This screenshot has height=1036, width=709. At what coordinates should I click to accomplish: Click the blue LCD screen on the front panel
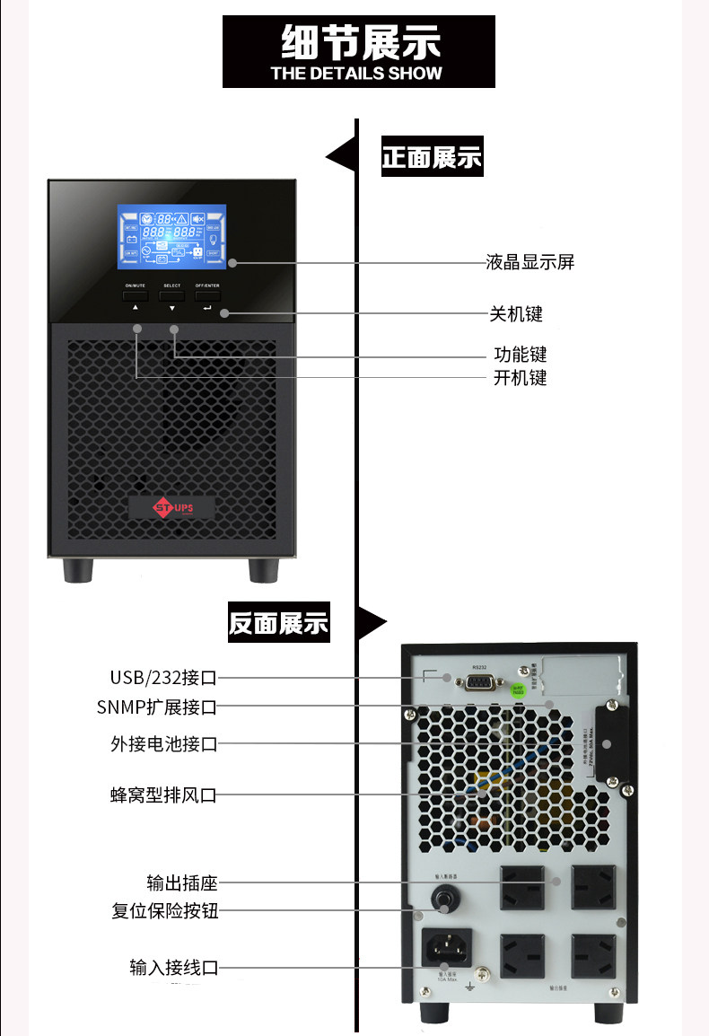coord(171,236)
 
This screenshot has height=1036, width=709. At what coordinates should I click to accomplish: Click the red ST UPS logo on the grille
coord(172,507)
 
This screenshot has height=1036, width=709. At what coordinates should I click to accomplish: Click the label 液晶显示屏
coord(530,262)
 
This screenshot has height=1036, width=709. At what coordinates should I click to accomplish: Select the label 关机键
coord(516,313)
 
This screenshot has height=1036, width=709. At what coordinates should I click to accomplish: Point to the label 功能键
coord(520,355)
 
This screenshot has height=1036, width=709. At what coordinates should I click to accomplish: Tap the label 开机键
coord(520,377)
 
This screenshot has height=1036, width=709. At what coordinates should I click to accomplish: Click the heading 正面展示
coord(432,158)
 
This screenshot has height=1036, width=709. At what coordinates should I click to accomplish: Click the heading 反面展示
coord(278,623)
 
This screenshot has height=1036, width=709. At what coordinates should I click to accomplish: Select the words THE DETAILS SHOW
coord(356,74)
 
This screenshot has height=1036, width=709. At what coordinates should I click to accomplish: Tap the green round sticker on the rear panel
coord(519,689)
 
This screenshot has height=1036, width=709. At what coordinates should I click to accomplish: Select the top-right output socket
coord(593,885)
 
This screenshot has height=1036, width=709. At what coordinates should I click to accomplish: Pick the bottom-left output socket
coord(522,954)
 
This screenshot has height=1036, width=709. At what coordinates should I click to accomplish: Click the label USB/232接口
coord(163,677)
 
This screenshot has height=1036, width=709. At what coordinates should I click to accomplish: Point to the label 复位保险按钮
coord(165,911)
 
